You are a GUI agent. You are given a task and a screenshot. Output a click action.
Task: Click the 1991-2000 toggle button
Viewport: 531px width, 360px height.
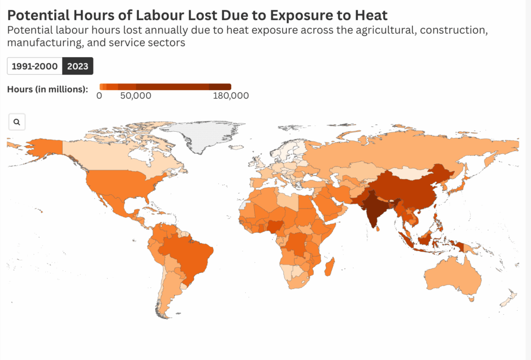35,66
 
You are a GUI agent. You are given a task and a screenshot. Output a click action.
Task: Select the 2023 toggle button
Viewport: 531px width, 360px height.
78,66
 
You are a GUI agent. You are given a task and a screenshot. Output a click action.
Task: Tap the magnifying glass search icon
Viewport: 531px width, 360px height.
17,122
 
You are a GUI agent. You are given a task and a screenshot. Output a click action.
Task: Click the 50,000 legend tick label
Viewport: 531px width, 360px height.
135,96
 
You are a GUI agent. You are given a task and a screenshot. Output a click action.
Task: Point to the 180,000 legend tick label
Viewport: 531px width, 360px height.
231,96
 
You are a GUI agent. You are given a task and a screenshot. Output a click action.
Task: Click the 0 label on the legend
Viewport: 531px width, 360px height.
99,96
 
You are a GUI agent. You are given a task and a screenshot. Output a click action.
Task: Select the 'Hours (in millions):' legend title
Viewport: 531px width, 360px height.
47,89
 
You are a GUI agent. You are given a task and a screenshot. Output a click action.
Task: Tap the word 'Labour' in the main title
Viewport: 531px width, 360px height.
155,14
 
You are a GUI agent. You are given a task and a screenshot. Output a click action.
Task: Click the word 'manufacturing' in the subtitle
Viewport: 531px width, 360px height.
40,43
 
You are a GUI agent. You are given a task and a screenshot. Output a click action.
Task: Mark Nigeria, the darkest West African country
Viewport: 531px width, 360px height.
273,226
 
